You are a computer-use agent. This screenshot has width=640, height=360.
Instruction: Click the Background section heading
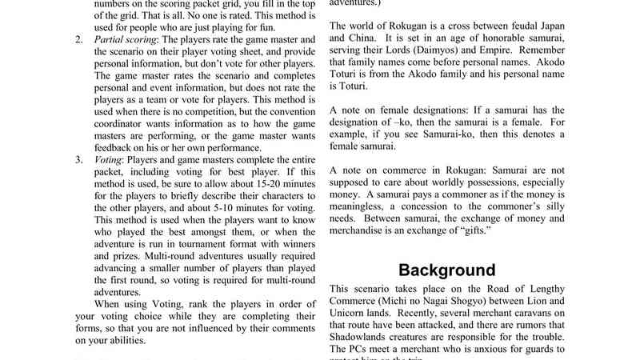447,270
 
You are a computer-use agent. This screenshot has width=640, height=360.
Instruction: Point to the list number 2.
79,39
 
